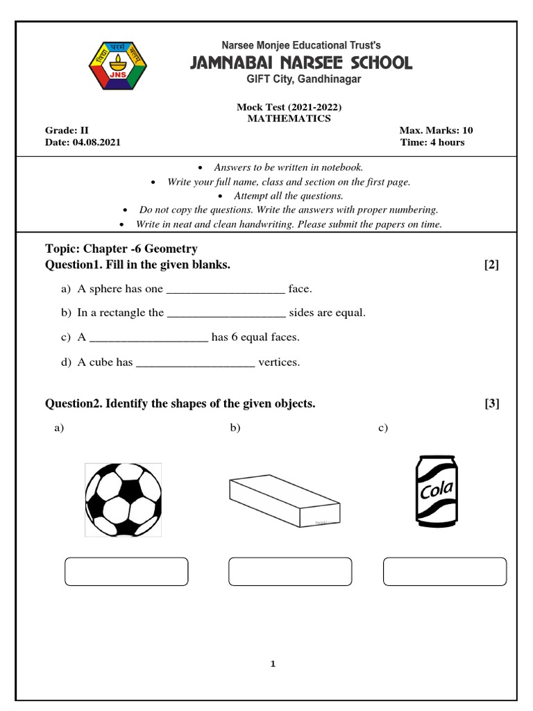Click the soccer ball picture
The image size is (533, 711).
pos(124,500)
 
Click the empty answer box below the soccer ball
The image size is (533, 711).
pos(126,571)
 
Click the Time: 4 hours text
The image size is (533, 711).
pos(432,142)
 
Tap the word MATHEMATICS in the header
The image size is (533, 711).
pos(289,119)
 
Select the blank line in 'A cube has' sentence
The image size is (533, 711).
pos(195,363)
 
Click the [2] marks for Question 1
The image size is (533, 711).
pos(491,265)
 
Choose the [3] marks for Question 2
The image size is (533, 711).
pos(491,403)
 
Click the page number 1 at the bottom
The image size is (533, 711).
pos(273,664)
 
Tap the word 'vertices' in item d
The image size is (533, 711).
pos(278,362)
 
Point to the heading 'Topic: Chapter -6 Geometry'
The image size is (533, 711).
pos(121,249)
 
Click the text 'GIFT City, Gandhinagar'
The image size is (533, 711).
pos(304,80)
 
